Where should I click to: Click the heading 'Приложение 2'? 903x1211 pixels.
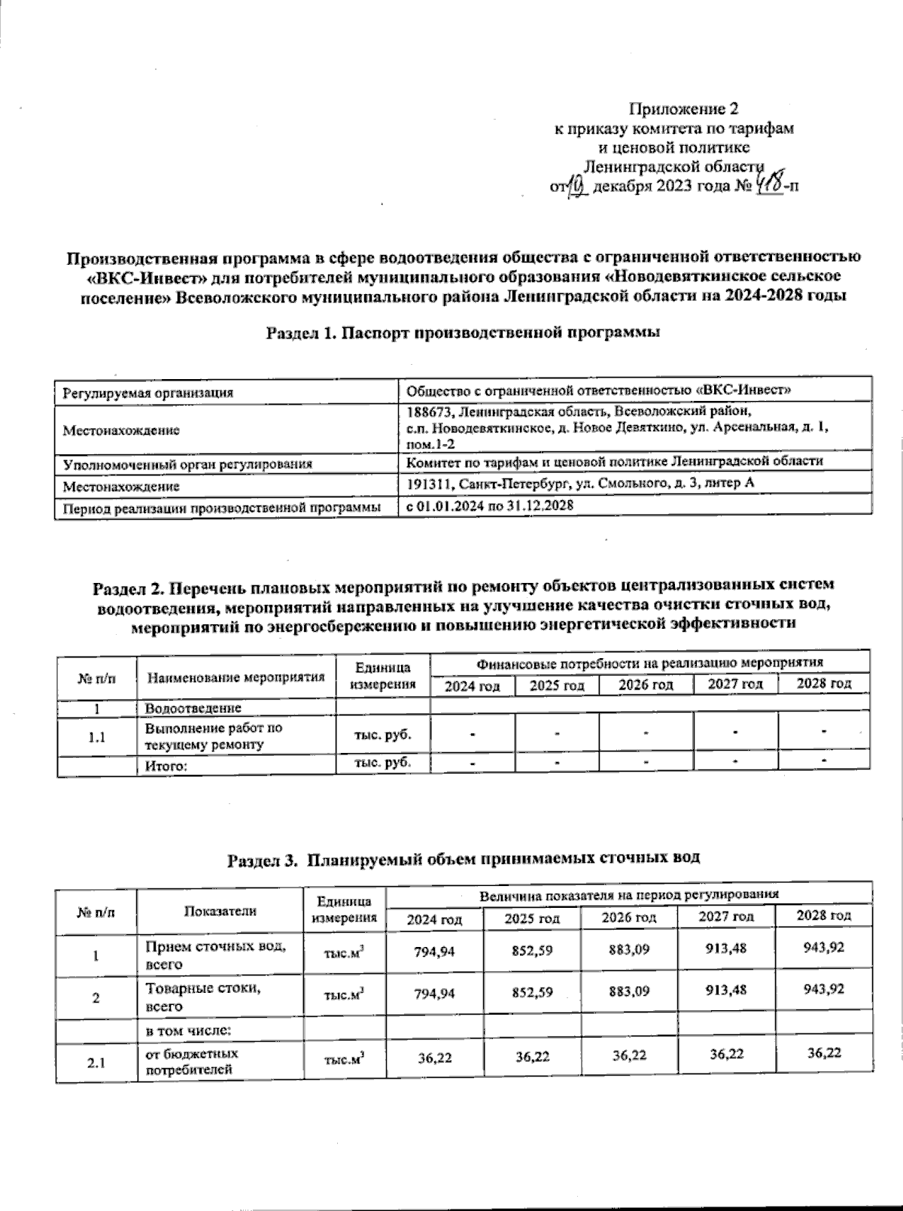coord(689,110)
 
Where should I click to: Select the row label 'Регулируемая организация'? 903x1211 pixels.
coord(148,393)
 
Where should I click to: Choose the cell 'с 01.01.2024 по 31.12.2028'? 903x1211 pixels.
coord(490,506)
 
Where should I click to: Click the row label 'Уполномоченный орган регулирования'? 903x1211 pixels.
coord(187,464)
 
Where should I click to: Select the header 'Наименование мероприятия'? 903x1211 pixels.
coord(236,676)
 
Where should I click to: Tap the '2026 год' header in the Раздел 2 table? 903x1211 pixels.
coord(646,685)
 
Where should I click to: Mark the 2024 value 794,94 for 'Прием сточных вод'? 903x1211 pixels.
coord(434,951)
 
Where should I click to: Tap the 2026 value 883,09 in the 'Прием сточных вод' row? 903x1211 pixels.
coord(629,949)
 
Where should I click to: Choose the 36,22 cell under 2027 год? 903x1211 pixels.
coord(726,1055)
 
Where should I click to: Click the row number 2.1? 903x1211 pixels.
coord(96,1064)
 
